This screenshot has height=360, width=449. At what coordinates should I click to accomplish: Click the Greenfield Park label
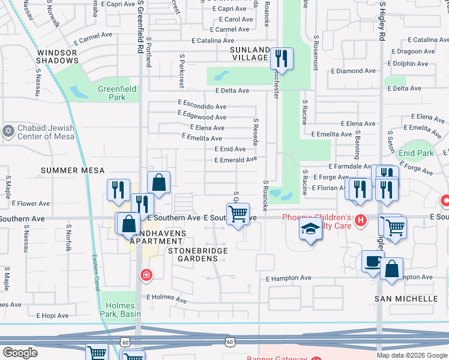[117, 93]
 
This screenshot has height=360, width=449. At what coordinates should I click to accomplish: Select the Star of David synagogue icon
[8, 131]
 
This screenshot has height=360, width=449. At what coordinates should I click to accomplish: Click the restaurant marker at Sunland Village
[281, 59]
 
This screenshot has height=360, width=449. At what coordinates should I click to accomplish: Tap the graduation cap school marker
[310, 230]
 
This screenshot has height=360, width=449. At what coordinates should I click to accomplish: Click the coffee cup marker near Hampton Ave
[373, 262]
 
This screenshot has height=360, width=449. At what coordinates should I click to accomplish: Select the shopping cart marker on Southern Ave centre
[238, 213]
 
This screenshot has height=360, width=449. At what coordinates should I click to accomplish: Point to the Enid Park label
[416, 153]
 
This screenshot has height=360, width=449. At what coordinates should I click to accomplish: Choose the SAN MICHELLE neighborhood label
[406, 298]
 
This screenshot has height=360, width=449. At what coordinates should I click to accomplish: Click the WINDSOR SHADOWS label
[58, 56]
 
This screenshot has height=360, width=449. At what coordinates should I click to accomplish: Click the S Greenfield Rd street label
[140, 24]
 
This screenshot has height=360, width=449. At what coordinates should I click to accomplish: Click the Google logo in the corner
[20, 353]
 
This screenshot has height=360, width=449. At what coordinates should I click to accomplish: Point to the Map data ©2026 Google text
[412, 355]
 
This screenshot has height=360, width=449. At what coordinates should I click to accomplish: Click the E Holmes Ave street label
[167, 298]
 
